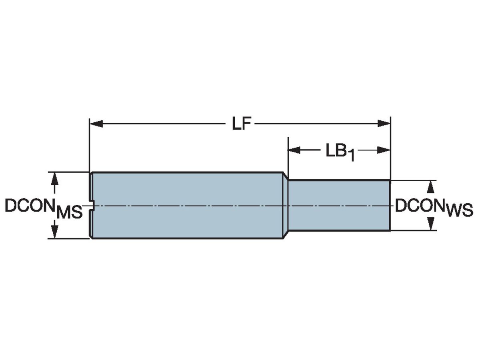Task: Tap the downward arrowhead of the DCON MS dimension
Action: [55, 232]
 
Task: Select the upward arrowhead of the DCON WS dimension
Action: [431, 186]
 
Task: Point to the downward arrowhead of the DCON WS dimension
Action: [431, 224]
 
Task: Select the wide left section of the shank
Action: [186, 206]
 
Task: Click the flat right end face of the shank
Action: [390, 206]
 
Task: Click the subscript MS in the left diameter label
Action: [69, 213]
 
